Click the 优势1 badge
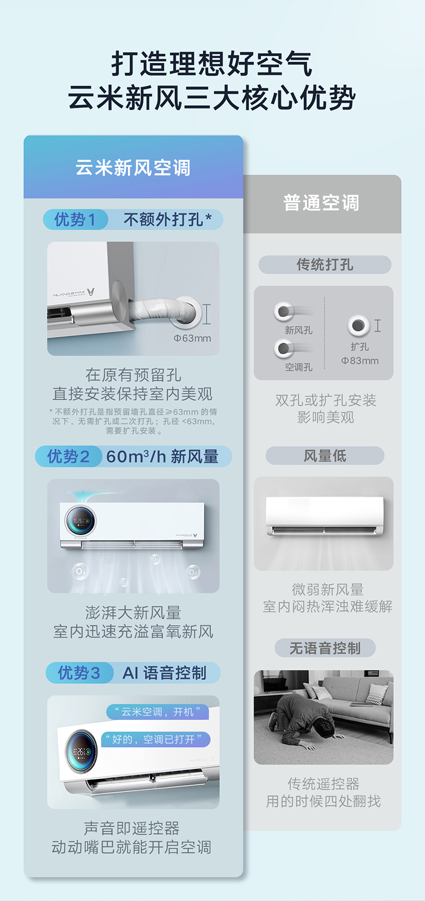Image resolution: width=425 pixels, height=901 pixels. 75,220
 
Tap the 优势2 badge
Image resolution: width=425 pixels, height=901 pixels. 69,457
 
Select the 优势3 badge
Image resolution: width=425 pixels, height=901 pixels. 79,673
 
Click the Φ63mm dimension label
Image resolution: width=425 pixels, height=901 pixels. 192,338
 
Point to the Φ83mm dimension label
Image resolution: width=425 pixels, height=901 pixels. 360,361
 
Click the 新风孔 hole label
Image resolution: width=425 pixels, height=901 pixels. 298,330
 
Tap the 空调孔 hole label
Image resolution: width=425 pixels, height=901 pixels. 298,367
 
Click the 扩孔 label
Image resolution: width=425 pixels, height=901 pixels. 359,347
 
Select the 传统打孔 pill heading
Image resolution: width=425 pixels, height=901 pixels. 325,265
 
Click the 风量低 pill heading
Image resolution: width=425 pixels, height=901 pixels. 325,456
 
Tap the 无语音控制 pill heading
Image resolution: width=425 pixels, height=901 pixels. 325,648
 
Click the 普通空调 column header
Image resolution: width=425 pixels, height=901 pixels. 322,203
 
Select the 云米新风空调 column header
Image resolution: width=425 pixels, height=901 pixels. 133,167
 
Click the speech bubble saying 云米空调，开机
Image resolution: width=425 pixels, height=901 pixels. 158,712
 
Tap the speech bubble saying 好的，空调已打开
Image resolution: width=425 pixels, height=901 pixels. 156,739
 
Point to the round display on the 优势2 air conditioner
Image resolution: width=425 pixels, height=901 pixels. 80,521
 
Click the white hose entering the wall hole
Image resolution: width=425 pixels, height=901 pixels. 163,309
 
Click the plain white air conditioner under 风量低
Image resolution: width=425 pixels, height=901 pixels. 324,516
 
